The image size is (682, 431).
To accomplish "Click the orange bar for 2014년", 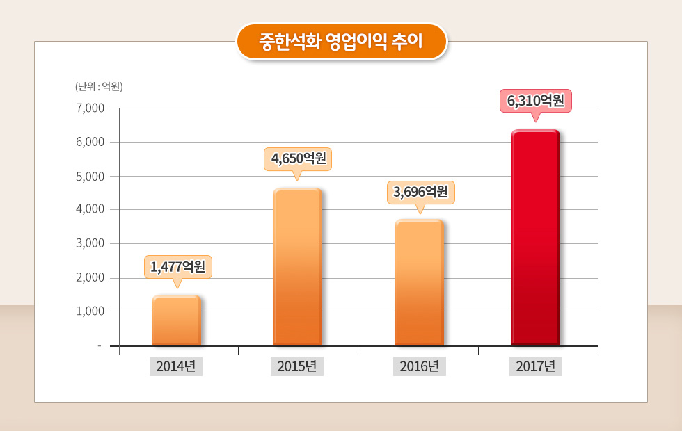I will tap(176, 320).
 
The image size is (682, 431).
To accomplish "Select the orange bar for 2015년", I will tap(297, 267).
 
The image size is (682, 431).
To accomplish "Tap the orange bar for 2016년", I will tap(419, 283).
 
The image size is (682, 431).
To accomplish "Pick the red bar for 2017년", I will tap(535, 238).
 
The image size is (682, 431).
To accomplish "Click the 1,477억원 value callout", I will tap(177, 266).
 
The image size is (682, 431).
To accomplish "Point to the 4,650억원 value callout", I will tap(298, 158).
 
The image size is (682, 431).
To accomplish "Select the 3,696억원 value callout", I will tap(420, 192).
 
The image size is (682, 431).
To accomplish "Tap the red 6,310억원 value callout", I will tap(535, 101).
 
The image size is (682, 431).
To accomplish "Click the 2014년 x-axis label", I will tap(176, 366).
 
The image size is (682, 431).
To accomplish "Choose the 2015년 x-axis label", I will tap(297, 366).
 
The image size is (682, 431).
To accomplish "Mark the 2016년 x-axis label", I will tap(419, 366).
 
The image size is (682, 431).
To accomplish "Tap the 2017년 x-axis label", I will tap(535, 366).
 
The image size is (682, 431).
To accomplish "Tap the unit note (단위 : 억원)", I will tap(99, 87).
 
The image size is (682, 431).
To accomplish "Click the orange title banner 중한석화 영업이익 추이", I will tap(341, 42).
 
